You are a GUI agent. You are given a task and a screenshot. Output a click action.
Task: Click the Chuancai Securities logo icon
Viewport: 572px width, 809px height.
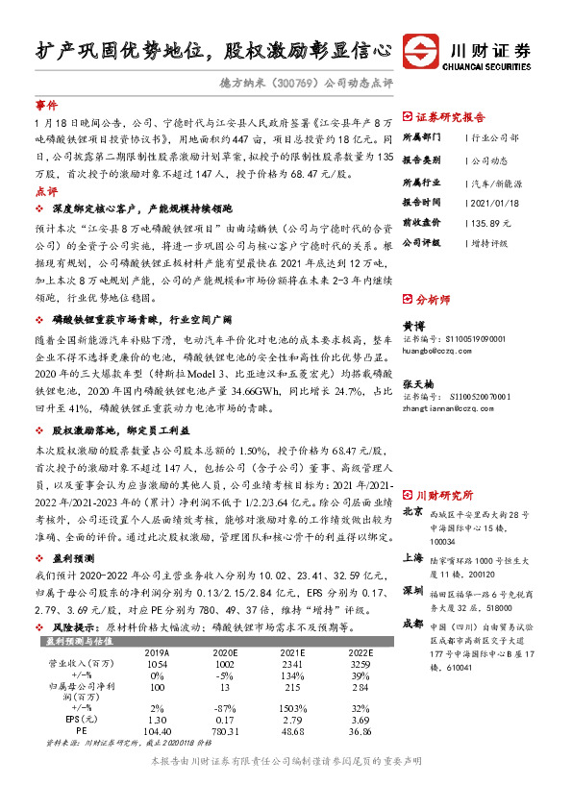pos(420,49)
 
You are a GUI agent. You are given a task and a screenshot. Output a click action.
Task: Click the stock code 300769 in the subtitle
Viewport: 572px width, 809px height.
pos(299,84)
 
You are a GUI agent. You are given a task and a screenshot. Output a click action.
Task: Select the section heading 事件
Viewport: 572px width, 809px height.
pos(46,104)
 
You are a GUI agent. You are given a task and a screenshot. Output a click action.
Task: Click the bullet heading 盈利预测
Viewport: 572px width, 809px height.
pos(73,556)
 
